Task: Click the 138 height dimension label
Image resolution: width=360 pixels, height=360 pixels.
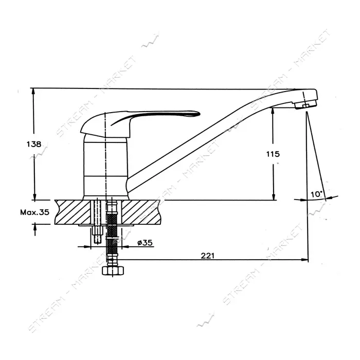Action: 34,144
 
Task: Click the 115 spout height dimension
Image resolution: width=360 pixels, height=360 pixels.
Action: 273,154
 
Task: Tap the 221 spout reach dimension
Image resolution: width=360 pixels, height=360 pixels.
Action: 208,256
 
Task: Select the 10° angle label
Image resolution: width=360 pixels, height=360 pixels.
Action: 317,194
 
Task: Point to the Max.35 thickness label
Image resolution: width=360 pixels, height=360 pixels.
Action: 34,212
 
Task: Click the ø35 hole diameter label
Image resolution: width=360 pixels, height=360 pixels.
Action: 145,242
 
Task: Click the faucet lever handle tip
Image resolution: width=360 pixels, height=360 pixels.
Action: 199,114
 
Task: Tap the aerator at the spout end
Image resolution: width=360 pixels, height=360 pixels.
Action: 305,105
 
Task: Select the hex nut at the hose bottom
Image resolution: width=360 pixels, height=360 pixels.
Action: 113,271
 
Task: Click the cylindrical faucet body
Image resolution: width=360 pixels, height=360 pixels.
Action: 105,166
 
